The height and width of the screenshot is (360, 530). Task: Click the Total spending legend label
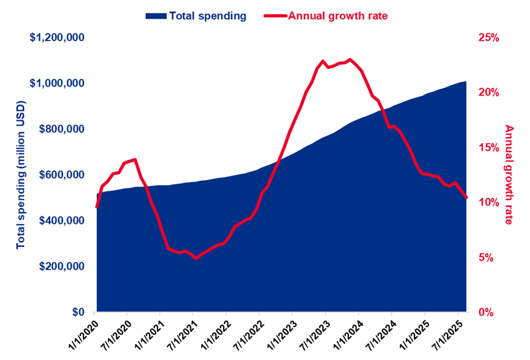click(x=208, y=16)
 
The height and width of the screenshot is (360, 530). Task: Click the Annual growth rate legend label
click(x=337, y=16)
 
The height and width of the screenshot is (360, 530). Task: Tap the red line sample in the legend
click(x=275, y=16)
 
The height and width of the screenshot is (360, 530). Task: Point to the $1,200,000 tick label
click(x=57, y=38)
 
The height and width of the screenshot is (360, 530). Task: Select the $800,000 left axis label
click(x=62, y=129)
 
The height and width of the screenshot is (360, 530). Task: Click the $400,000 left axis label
click(x=62, y=220)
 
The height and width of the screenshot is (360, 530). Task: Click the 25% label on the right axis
click(x=488, y=38)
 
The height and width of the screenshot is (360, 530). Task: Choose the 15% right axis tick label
click(x=488, y=148)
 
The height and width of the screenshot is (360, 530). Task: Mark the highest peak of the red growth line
click(x=350, y=59)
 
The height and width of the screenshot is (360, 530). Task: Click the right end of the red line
click(x=466, y=198)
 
